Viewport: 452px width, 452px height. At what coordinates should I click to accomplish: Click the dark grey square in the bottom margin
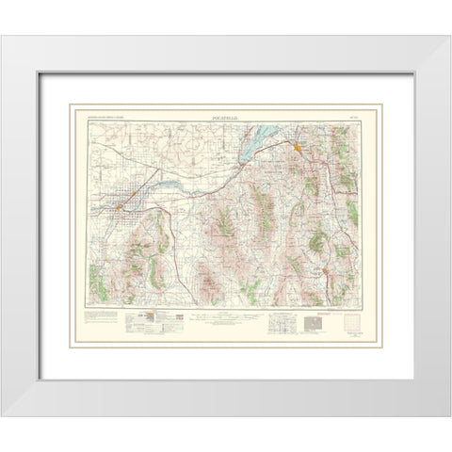click(313, 328)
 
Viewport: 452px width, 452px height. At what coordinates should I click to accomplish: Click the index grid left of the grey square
click(281, 329)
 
